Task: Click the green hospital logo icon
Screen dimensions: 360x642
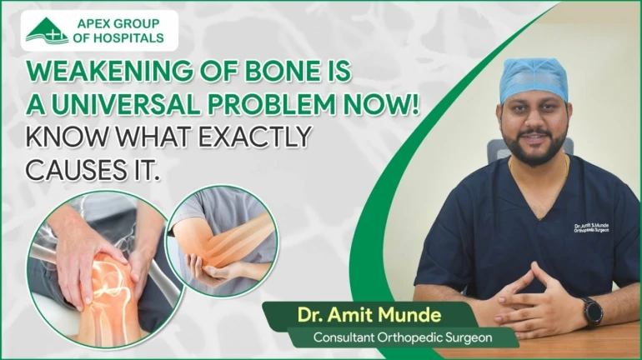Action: [47, 29]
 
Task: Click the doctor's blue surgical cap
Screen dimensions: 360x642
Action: [533, 78]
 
